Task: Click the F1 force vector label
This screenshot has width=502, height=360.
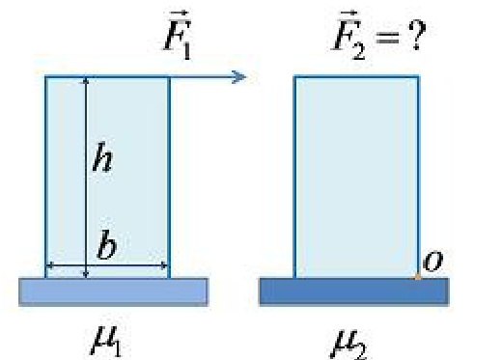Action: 178,35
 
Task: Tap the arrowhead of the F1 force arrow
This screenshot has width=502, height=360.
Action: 239,77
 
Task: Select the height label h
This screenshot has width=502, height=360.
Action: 102,157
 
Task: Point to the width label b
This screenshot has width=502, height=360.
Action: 106,244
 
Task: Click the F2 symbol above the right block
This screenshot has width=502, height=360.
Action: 349,35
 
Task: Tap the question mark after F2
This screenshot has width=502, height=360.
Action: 417,35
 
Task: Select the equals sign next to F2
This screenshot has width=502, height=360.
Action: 387,38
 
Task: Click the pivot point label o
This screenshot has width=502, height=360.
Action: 432,262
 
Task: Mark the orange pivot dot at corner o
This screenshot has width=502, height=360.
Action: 418,277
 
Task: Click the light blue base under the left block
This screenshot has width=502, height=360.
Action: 113,292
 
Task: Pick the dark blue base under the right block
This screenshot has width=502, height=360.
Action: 354,291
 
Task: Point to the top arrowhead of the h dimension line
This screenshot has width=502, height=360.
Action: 86,80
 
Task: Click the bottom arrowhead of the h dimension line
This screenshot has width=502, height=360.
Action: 86,275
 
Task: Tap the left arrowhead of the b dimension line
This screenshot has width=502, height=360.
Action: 49,265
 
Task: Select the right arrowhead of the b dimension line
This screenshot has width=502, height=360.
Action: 164,265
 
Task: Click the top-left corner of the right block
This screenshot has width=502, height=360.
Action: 294,76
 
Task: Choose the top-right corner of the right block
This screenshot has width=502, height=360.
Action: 418,76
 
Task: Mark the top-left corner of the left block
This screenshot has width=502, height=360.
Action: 45,76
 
